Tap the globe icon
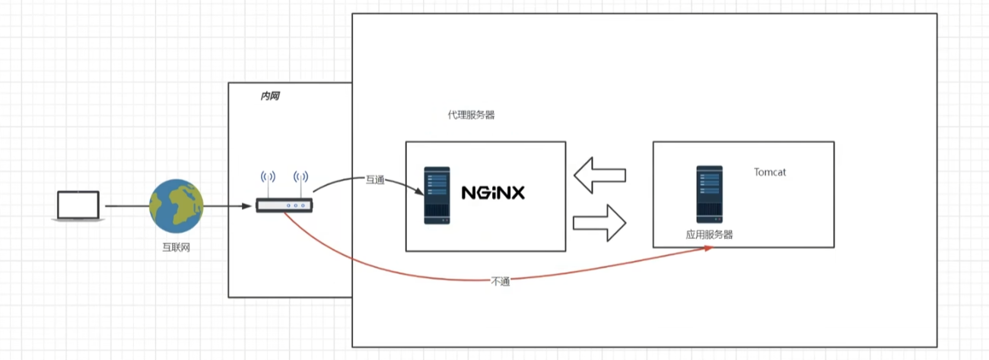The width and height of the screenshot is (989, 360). tap(175, 205)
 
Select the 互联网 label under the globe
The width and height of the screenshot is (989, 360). tap(175, 247)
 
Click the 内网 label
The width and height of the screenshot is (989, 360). tap(269, 96)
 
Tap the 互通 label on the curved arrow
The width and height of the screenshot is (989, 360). tap(375, 180)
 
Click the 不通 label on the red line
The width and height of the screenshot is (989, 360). tap(500, 281)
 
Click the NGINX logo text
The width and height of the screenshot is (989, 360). tap(493, 193)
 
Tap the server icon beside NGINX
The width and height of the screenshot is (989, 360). tap(437, 195)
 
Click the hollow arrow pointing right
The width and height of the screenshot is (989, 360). tap(599, 223)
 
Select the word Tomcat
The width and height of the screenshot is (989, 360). tap(770, 172)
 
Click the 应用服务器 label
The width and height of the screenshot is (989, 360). tap(709, 234)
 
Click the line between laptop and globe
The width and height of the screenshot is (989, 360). tap(126, 205)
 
